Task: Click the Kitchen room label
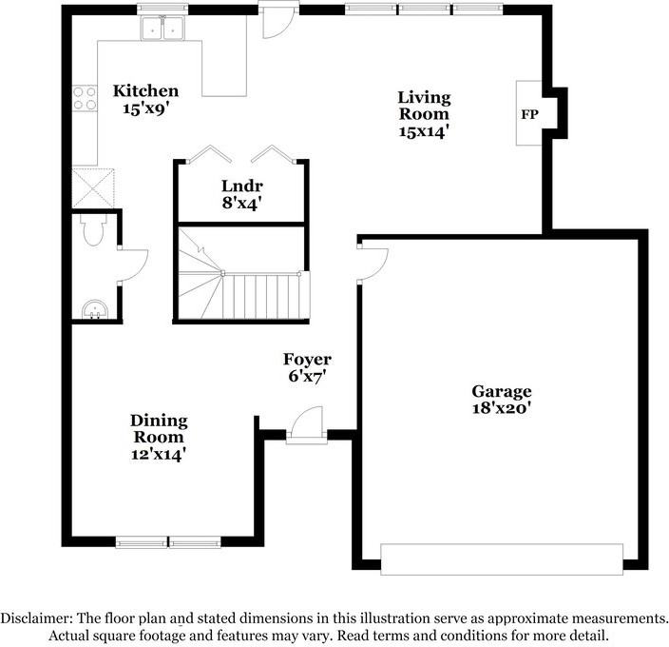coord(145,91)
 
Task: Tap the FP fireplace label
coord(529,114)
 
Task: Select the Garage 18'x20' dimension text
coord(502,408)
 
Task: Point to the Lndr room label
coord(242,186)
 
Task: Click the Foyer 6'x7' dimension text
coord(307,376)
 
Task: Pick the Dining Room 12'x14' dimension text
coord(159,454)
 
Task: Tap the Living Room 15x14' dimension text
coord(424,131)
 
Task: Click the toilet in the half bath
coord(94,229)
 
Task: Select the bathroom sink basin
coord(94,309)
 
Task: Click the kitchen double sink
coord(162,29)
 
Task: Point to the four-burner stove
coord(85,98)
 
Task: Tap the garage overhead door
coord(502,559)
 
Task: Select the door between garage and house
coord(373,264)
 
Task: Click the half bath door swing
coord(133,265)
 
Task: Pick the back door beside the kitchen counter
coord(277,20)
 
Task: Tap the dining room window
coord(168,542)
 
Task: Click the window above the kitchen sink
coord(162,9)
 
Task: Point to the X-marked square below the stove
coord(93,188)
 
